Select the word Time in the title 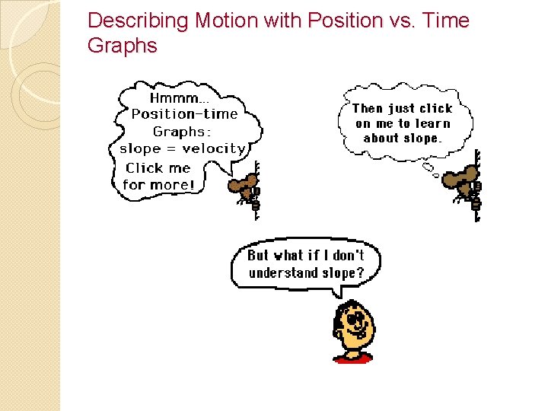448,21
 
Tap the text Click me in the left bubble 158,168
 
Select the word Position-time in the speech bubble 184,114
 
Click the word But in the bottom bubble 258,256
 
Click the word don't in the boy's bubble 348,256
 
